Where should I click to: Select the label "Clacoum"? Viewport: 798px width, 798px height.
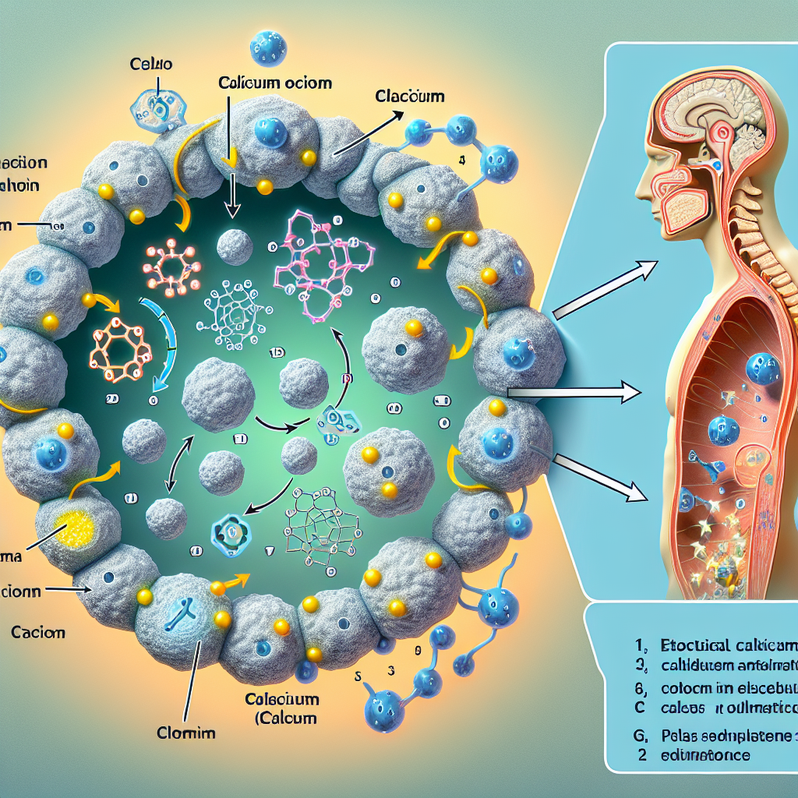[x=409, y=97]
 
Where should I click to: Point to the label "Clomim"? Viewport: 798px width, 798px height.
[x=186, y=733]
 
